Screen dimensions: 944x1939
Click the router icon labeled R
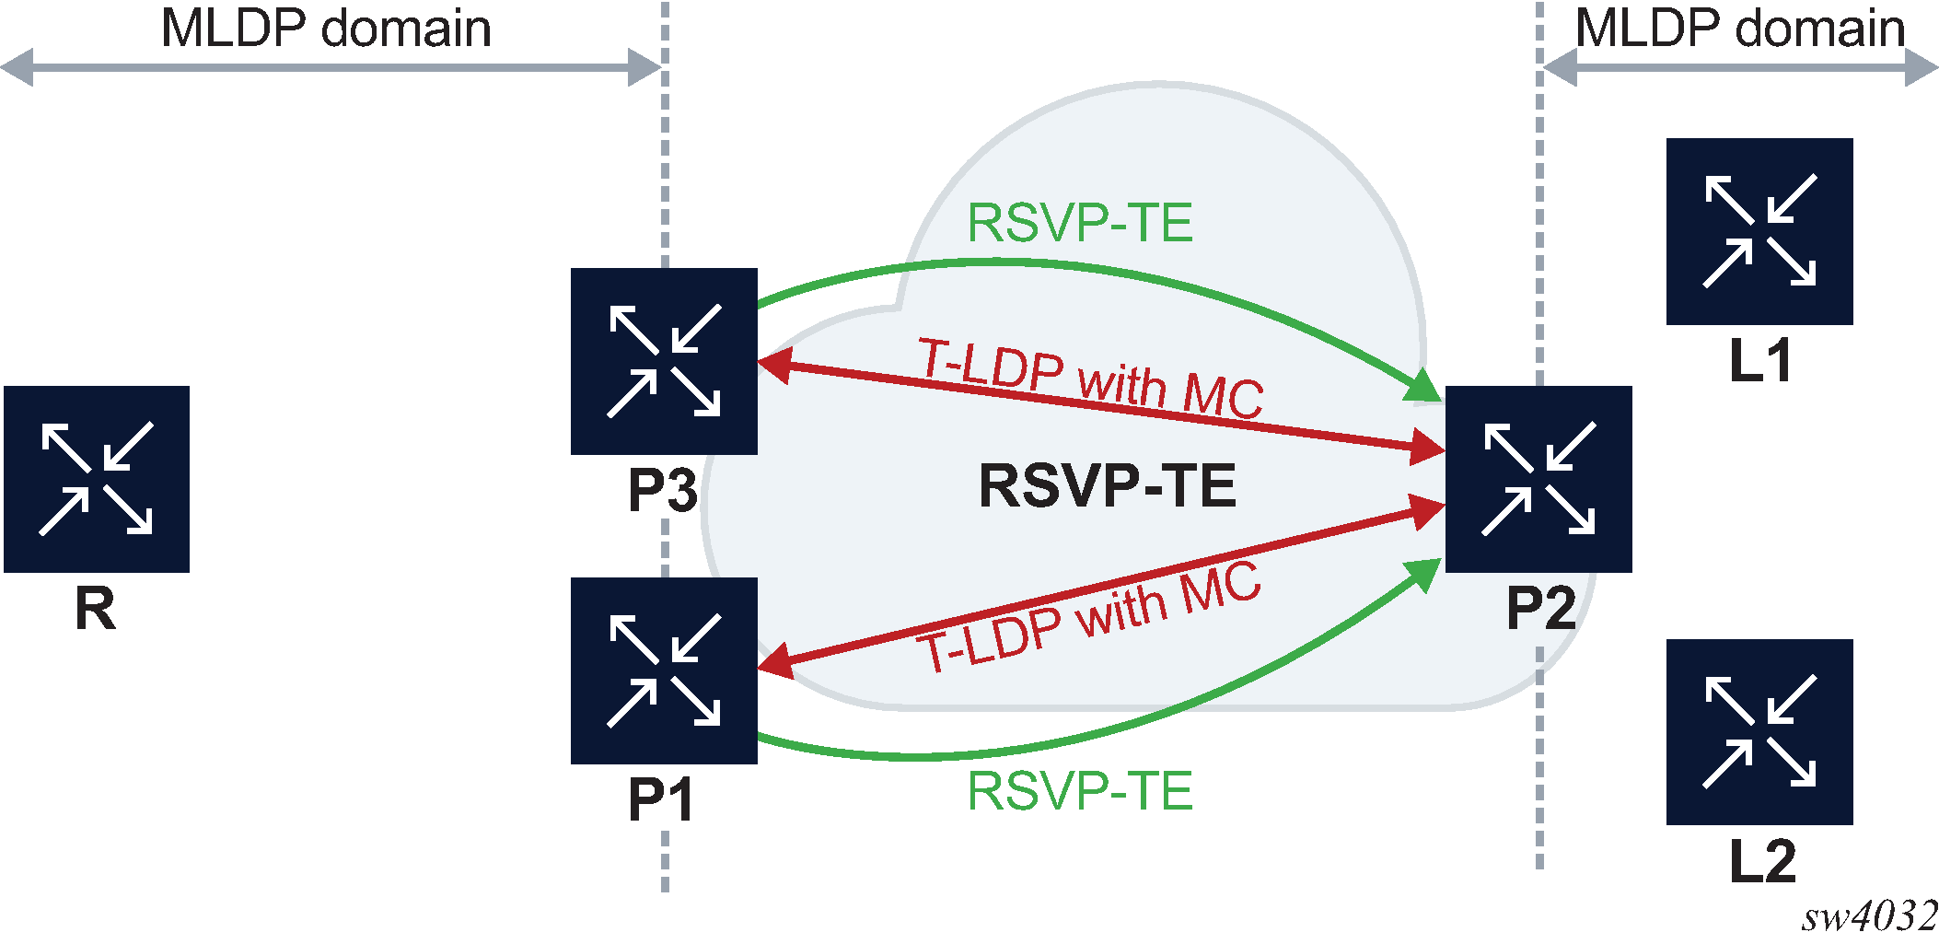pos(97,479)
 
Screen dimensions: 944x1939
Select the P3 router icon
pos(664,361)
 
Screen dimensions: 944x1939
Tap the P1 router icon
pos(664,670)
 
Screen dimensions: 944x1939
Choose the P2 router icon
pos(1538,479)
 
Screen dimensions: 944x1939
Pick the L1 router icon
pos(1759,231)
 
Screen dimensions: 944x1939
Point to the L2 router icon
pos(1759,732)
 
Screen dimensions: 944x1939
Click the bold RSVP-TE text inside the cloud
pos(1107,486)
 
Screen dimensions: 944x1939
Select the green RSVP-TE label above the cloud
pos(1080,224)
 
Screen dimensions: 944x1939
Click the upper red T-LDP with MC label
pos(1091,379)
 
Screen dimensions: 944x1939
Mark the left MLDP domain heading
pos(326,29)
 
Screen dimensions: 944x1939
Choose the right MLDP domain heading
pos(1740,29)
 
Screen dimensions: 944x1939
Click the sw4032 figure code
pos(1869,917)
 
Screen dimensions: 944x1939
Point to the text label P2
pos(1540,609)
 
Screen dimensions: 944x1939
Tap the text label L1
pos(1760,361)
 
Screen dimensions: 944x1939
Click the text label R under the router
pos(96,609)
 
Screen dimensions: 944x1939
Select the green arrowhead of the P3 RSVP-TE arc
pos(1423,387)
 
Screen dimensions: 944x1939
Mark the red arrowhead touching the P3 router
pos(773,365)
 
